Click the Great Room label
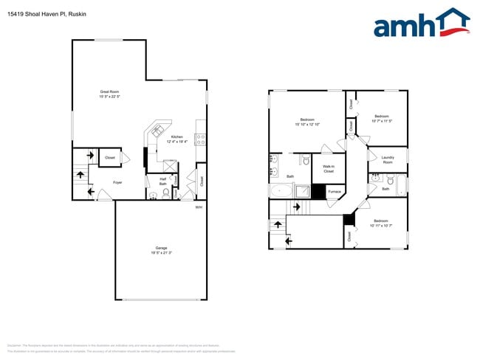109,94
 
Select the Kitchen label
177,139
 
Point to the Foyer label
117,182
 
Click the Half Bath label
162,181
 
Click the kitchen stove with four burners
200,137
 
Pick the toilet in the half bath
154,195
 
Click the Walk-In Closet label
329,169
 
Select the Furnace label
335,192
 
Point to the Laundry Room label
387,159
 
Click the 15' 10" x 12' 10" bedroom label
307,122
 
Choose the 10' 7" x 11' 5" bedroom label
382,118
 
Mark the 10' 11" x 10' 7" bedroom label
381,223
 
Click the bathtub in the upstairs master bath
281,192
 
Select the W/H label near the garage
199,207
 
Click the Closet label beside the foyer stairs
109,157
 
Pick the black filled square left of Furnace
318,192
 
